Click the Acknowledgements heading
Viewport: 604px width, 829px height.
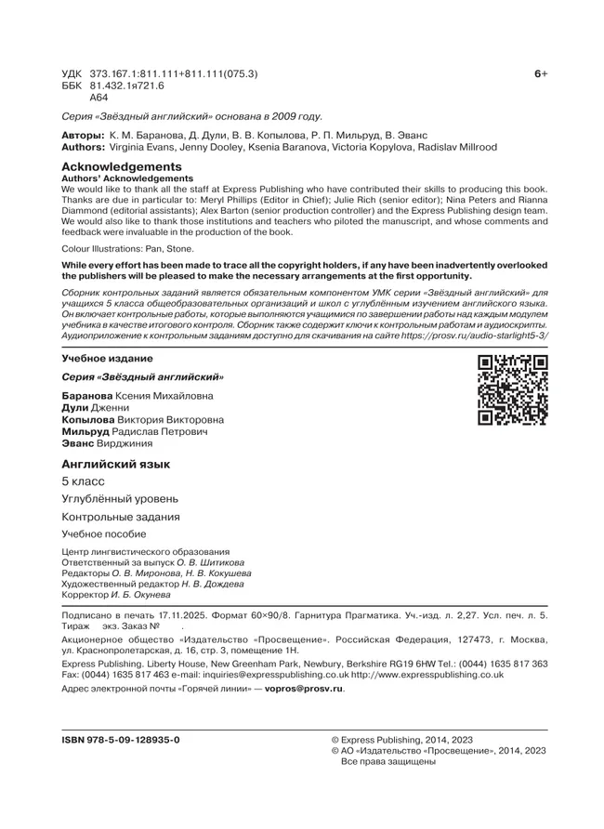point(115,165)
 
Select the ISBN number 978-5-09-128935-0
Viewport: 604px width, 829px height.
point(121,739)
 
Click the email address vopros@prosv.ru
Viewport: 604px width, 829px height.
point(305,689)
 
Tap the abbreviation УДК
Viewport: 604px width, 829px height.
point(71,72)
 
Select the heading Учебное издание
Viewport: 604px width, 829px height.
point(107,358)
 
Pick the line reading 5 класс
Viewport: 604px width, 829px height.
point(83,481)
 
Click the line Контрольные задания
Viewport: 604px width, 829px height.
point(121,517)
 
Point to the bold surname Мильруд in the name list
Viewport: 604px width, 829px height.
point(85,432)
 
